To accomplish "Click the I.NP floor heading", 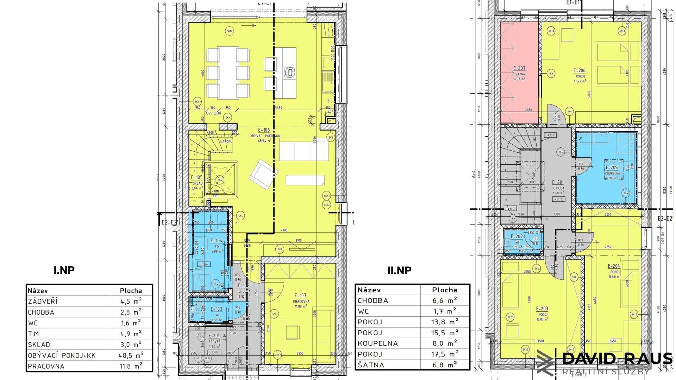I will click(64, 270).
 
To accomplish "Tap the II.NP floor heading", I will click(399, 270).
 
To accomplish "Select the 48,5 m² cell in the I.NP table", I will click(131, 355).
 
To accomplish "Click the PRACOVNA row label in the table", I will click(46, 366).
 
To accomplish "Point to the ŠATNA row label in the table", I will click(371, 365).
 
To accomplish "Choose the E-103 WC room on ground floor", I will click(215, 310).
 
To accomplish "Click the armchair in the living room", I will click(263, 174).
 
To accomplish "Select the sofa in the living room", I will click(304, 150).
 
